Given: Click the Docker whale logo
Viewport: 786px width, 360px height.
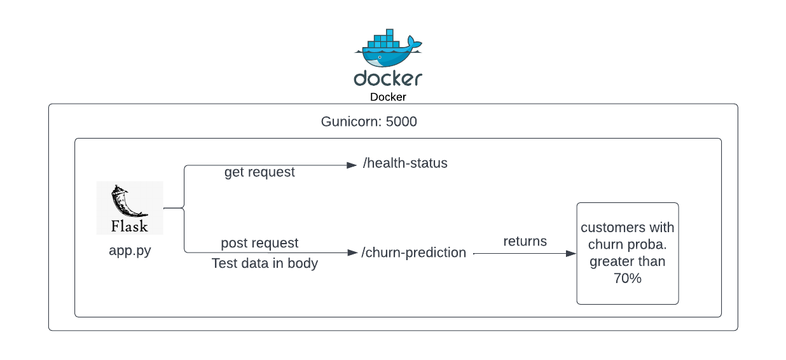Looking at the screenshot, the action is [388, 48].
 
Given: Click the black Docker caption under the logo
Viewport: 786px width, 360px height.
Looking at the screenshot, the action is [388, 97].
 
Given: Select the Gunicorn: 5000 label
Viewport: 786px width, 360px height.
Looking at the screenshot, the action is [369, 121].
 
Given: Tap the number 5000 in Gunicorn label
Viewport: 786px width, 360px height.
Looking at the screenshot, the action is [401, 121].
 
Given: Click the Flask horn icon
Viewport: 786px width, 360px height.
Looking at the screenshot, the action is [127, 201].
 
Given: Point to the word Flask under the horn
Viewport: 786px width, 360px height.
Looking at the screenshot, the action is [130, 226].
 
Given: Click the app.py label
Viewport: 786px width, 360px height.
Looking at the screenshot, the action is [130, 251].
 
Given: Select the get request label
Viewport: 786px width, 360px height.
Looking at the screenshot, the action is [259, 172].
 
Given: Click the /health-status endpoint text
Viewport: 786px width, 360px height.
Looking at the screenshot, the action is [405, 163].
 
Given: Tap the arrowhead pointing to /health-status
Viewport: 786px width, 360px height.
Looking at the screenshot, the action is [352, 165].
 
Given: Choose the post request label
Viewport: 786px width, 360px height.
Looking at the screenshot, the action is [259, 243].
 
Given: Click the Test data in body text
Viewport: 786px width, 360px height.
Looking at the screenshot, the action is [265, 263].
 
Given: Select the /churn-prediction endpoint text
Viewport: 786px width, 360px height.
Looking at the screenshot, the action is [414, 253].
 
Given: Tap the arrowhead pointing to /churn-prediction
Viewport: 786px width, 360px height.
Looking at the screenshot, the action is [352, 253].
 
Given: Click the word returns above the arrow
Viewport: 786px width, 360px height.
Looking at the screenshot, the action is [525, 242].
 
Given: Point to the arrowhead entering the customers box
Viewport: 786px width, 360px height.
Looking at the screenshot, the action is [571, 253].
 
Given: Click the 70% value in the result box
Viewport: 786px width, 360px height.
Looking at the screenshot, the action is [628, 278].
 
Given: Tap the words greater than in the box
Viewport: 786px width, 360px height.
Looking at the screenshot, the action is [628, 262].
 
